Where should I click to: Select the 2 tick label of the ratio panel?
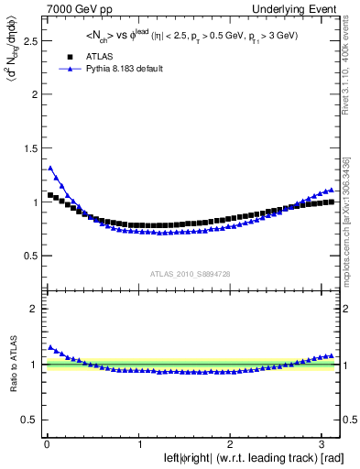[36, 309]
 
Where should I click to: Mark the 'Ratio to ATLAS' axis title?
[12, 365]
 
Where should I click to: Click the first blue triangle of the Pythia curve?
[50, 168]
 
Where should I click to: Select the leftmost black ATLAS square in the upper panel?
[50, 195]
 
